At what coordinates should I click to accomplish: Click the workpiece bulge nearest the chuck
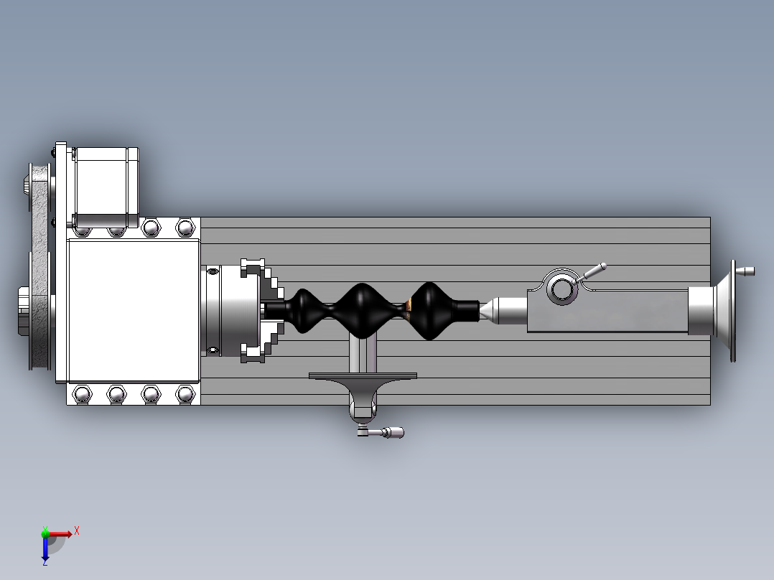305,310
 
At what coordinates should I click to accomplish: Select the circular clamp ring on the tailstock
561,289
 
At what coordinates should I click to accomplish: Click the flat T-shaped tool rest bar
363,375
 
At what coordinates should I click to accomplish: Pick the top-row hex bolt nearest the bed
185,228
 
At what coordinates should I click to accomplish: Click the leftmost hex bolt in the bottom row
82,394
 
